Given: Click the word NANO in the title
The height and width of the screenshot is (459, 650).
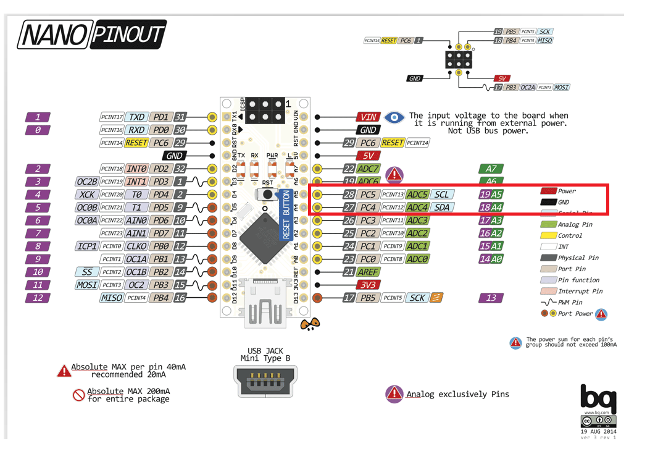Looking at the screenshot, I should [x=54, y=35].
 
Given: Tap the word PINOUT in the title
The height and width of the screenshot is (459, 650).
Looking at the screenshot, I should [x=128, y=35].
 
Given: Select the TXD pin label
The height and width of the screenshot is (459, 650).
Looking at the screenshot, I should [x=136, y=117].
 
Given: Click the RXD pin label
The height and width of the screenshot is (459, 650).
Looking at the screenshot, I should [x=136, y=130].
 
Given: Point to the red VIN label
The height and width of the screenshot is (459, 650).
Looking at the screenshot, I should [x=369, y=117].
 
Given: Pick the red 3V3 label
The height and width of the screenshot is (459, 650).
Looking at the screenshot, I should [x=369, y=285].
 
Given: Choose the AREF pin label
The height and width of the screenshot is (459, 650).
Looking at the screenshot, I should [x=369, y=272].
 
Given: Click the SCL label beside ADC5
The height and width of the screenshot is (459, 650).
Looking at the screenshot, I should [x=442, y=194].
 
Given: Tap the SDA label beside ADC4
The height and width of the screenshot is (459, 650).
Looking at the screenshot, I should [x=442, y=207].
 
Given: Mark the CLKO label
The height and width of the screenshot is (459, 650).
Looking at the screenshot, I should [x=136, y=246].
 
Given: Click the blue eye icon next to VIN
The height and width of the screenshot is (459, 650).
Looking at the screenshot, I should [x=394, y=117].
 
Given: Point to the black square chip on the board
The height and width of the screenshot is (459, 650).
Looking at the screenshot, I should [x=265, y=235].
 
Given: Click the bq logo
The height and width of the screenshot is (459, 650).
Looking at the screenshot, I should [x=598, y=396].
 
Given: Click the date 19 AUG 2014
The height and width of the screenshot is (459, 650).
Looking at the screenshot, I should [x=598, y=431].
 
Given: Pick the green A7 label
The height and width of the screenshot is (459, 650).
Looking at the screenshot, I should [x=491, y=169].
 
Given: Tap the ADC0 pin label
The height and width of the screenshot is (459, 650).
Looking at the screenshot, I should [x=418, y=259].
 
